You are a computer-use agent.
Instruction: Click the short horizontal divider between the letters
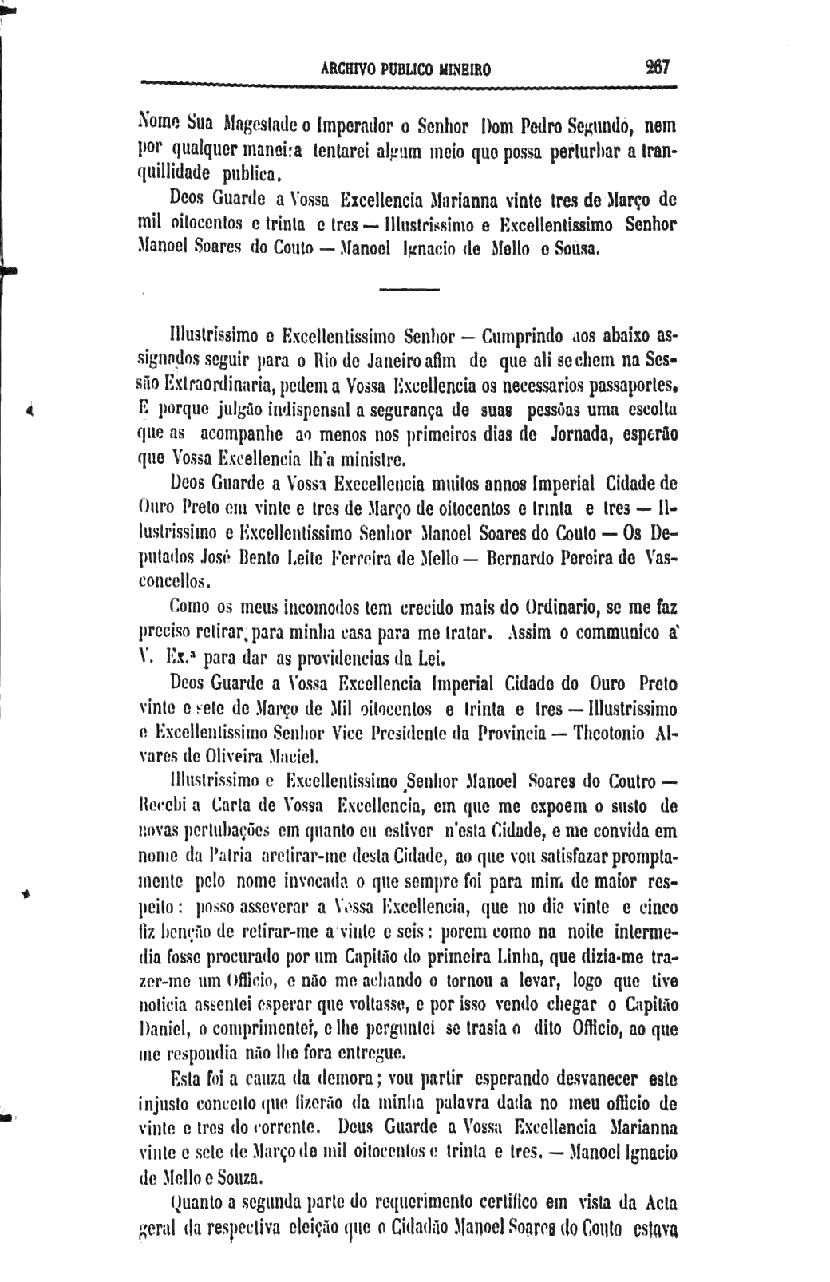[x=409, y=289]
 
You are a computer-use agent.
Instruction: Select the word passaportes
[x=627, y=387]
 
